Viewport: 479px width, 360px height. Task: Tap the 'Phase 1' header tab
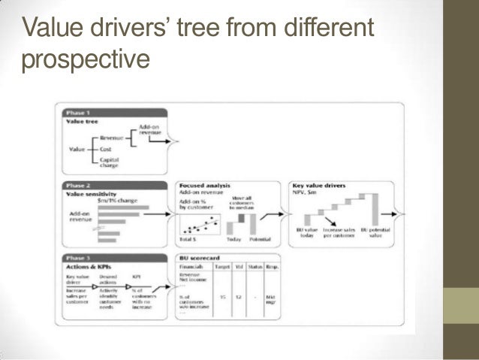(80, 112)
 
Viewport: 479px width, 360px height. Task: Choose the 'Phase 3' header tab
(80, 258)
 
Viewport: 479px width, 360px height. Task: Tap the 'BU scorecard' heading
(197, 258)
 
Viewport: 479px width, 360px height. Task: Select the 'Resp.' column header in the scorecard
(273, 266)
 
